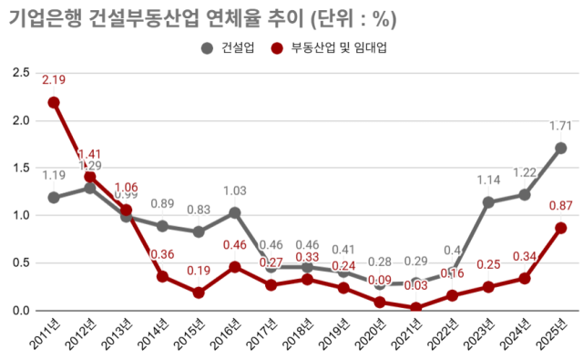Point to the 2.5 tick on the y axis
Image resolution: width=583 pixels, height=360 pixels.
19,73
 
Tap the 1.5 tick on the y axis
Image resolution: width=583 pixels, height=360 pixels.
19,168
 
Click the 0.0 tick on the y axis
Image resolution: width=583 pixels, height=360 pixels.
19,311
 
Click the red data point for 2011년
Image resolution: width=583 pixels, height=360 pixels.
54,102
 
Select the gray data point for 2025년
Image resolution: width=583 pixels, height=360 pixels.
561,148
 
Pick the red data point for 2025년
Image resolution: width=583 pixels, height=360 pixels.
561,228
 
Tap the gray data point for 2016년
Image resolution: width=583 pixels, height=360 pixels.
235,212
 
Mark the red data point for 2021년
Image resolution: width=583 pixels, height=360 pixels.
416,308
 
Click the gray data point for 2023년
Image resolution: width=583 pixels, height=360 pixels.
489,202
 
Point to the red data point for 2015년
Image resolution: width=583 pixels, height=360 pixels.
199,293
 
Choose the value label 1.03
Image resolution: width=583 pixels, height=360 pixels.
235,191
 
